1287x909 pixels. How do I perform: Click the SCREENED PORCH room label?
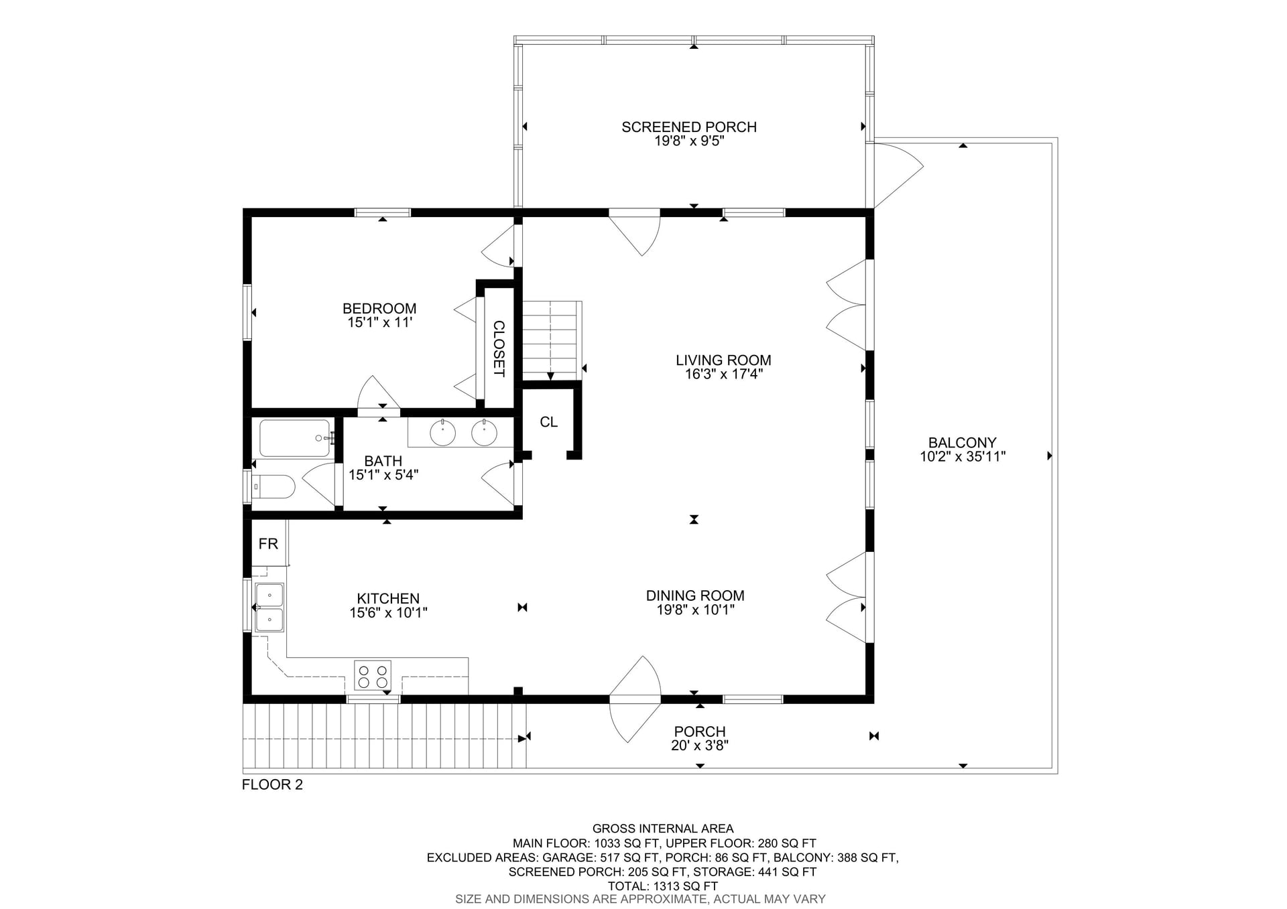pyautogui.click(x=688, y=127)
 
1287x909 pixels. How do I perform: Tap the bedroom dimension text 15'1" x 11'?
pyautogui.click(x=379, y=323)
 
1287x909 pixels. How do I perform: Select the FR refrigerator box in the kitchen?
pyautogui.click(x=268, y=543)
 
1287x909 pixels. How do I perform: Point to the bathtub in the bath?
pyautogui.click(x=295, y=438)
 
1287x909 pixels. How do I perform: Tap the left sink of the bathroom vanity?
pyautogui.click(x=442, y=433)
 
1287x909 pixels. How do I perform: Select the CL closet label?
pyautogui.click(x=548, y=422)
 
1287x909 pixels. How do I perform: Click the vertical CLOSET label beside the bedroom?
pyautogui.click(x=499, y=348)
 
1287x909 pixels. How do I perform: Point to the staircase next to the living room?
pyautogui.click(x=550, y=340)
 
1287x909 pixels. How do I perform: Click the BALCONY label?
pyautogui.click(x=962, y=443)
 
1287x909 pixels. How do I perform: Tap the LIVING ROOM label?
pyautogui.click(x=723, y=360)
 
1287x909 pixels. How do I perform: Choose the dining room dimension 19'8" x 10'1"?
pyautogui.click(x=695, y=610)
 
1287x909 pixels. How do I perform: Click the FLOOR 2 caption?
pyautogui.click(x=272, y=784)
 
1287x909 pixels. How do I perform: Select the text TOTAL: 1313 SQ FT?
pyautogui.click(x=662, y=886)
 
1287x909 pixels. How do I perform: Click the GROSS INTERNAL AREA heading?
pyautogui.click(x=662, y=829)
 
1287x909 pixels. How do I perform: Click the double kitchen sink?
pyautogui.click(x=269, y=607)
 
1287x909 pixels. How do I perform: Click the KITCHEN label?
pyautogui.click(x=388, y=599)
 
